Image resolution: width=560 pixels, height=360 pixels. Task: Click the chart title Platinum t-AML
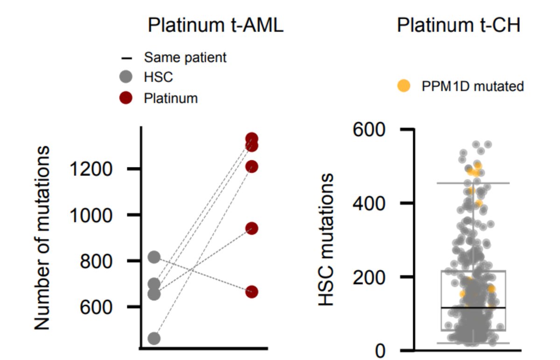coord(216,26)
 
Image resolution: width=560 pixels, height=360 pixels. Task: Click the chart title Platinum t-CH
coord(458,26)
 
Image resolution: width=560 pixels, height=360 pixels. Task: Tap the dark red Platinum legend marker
coord(126,98)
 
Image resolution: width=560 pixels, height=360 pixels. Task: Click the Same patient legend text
coord(185,57)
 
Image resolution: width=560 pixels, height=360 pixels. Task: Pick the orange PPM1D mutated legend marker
coord(403,86)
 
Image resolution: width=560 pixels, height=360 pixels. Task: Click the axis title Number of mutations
coord(42,238)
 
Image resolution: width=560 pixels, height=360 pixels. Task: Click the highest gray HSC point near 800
coord(154,257)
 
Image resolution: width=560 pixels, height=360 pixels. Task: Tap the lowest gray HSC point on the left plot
coord(154,338)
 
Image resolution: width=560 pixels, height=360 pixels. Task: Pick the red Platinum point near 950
coord(252,228)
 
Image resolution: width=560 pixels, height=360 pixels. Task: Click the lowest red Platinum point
coord(252,292)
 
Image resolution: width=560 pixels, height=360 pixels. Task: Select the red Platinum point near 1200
coord(252,166)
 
